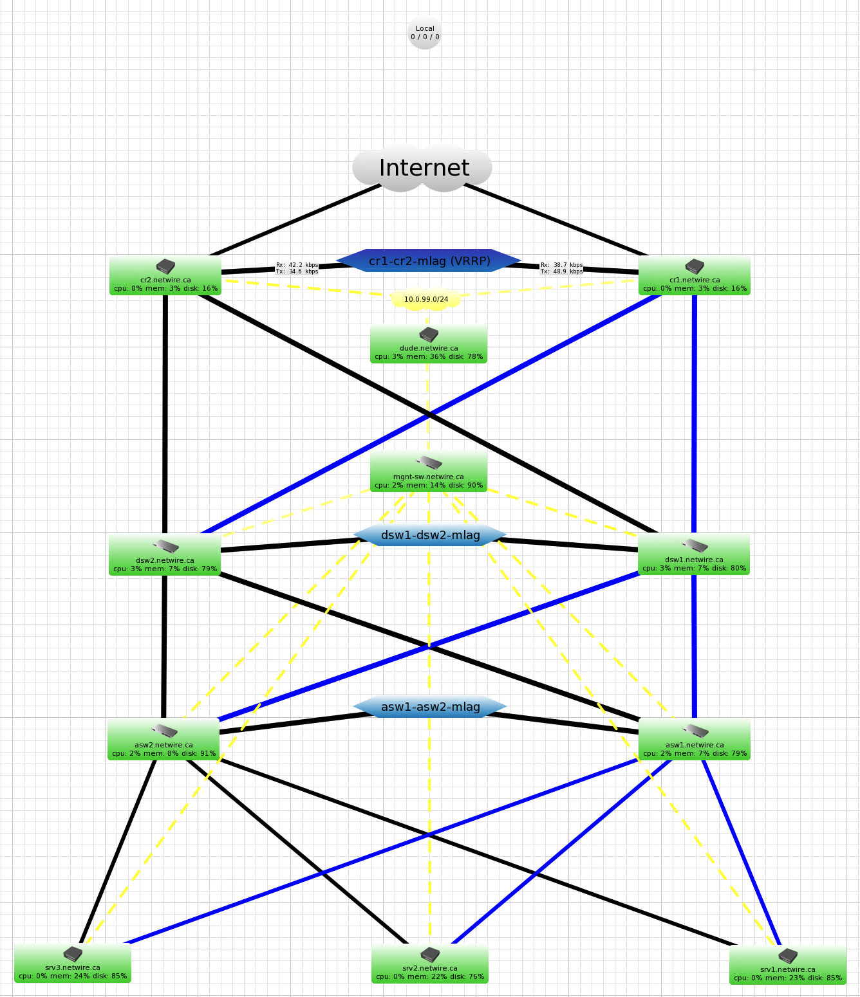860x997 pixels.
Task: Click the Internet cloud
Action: [x=423, y=169]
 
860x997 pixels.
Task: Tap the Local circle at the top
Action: [x=425, y=33]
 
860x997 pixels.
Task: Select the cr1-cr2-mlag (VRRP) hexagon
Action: [x=429, y=261]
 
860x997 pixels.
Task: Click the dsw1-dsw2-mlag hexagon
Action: [x=430, y=535]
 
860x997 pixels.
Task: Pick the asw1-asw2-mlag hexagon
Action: [x=430, y=707]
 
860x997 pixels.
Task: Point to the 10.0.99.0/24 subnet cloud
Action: [x=426, y=299]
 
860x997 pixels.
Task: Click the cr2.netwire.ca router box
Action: [x=165, y=276]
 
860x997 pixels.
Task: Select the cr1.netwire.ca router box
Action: [x=695, y=276]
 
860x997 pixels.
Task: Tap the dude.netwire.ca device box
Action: [x=429, y=344]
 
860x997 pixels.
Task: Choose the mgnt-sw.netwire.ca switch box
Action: [x=429, y=472]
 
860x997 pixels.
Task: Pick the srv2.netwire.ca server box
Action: [x=430, y=964]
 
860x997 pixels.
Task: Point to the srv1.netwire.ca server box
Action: [x=788, y=965]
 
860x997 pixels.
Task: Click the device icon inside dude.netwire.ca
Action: [x=429, y=335]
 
